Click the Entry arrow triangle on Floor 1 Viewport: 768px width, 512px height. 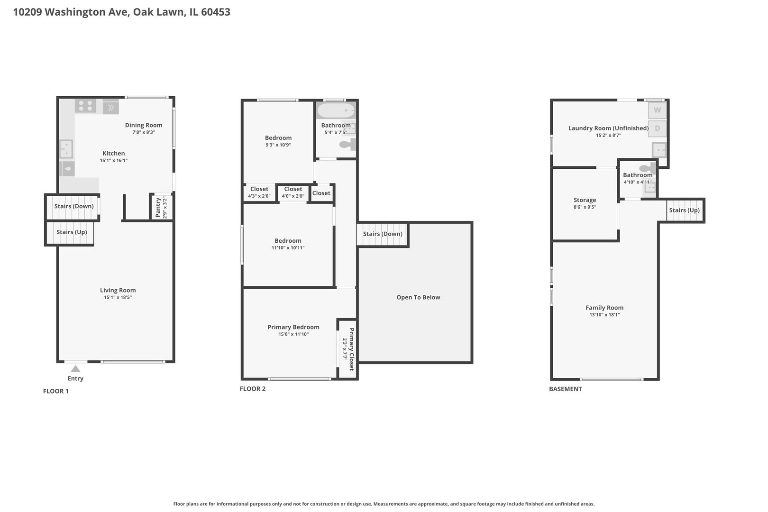(x=75, y=369)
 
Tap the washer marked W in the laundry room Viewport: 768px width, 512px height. (x=657, y=110)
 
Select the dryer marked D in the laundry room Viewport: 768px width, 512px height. (x=657, y=128)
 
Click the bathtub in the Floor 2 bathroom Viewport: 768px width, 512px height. (x=336, y=110)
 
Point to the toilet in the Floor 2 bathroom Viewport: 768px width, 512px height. (x=347, y=145)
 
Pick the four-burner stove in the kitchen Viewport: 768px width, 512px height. (x=85, y=106)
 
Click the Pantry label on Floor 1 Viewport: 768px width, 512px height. (x=158, y=208)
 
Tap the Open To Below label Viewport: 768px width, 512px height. (x=418, y=297)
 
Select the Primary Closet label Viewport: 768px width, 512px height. (x=351, y=349)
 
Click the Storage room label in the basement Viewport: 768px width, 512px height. (x=585, y=200)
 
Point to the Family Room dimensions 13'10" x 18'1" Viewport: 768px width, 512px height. (x=604, y=315)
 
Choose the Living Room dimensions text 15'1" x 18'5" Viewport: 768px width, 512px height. (x=118, y=297)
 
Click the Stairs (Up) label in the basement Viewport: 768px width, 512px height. (x=685, y=210)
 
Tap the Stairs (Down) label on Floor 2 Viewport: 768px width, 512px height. (x=383, y=234)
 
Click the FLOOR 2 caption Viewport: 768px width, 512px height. (x=253, y=389)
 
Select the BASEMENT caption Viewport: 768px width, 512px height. (x=566, y=389)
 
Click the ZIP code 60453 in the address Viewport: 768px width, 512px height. (x=216, y=12)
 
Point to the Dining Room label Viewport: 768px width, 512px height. (x=144, y=125)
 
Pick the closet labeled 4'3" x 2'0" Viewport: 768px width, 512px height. (x=259, y=193)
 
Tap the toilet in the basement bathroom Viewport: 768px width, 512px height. (x=647, y=168)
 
